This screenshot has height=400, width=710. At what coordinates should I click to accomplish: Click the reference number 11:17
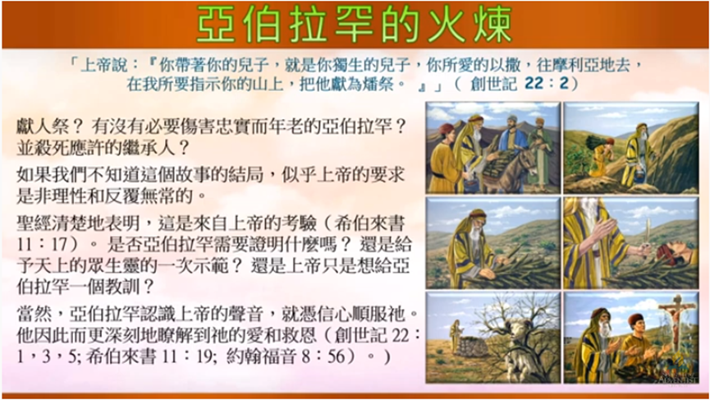click(x=43, y=244)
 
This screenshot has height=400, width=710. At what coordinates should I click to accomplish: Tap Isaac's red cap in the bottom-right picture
click(x=636, y=319)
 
